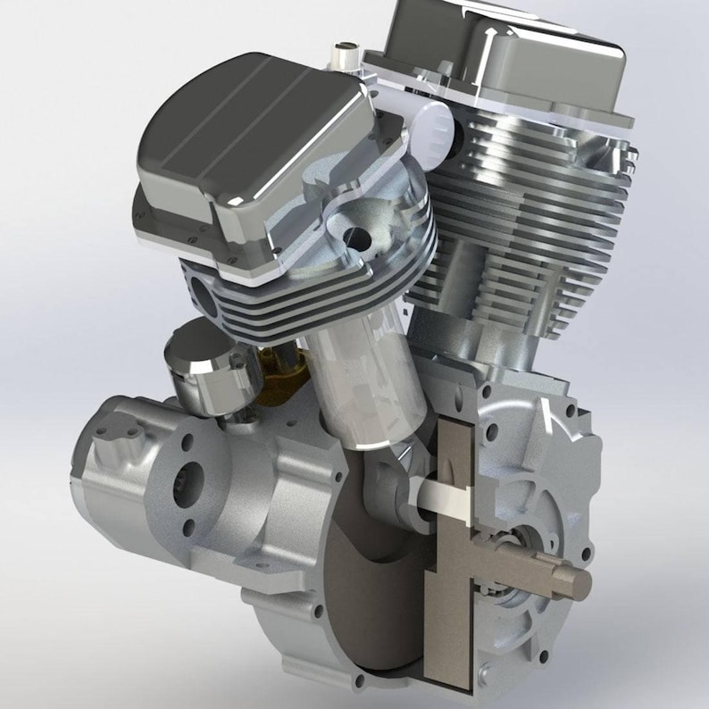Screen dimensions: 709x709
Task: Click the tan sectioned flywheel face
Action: [455, 625]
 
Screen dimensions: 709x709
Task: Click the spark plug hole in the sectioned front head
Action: [357, 234]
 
